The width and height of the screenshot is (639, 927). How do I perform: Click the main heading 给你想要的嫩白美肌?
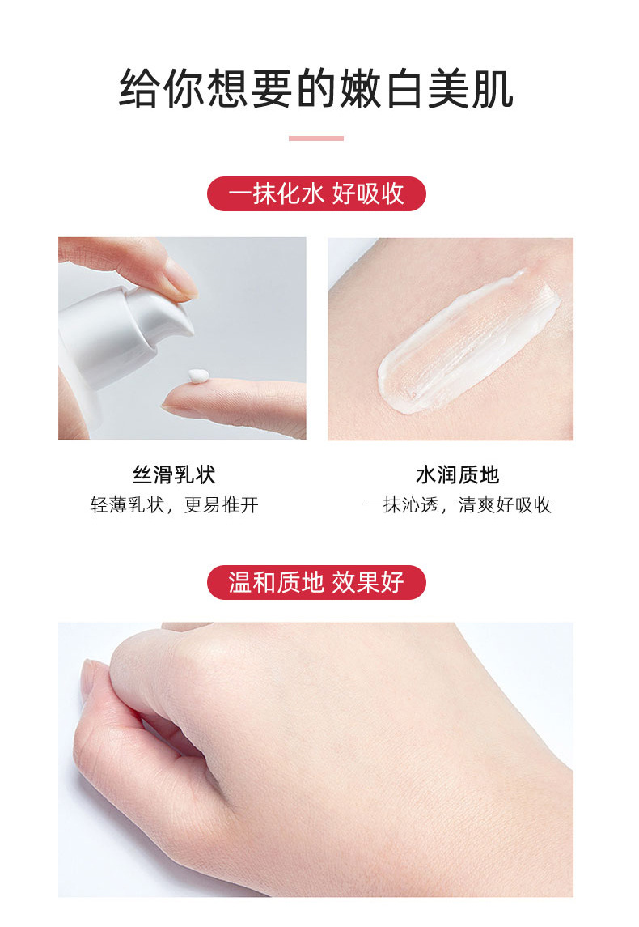[x=316, y=89]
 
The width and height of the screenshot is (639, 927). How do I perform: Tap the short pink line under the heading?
[x=316, y=138]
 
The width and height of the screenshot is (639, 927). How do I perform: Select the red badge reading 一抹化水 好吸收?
[x=316, y=194]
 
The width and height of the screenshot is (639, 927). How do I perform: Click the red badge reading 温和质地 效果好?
[x=316, y=582]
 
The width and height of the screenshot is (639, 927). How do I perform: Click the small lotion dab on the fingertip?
[x=197, y=376]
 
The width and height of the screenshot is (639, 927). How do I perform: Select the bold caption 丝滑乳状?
[x=174, y=474]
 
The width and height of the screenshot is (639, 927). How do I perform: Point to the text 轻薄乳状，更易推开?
[x=174, y=505]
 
